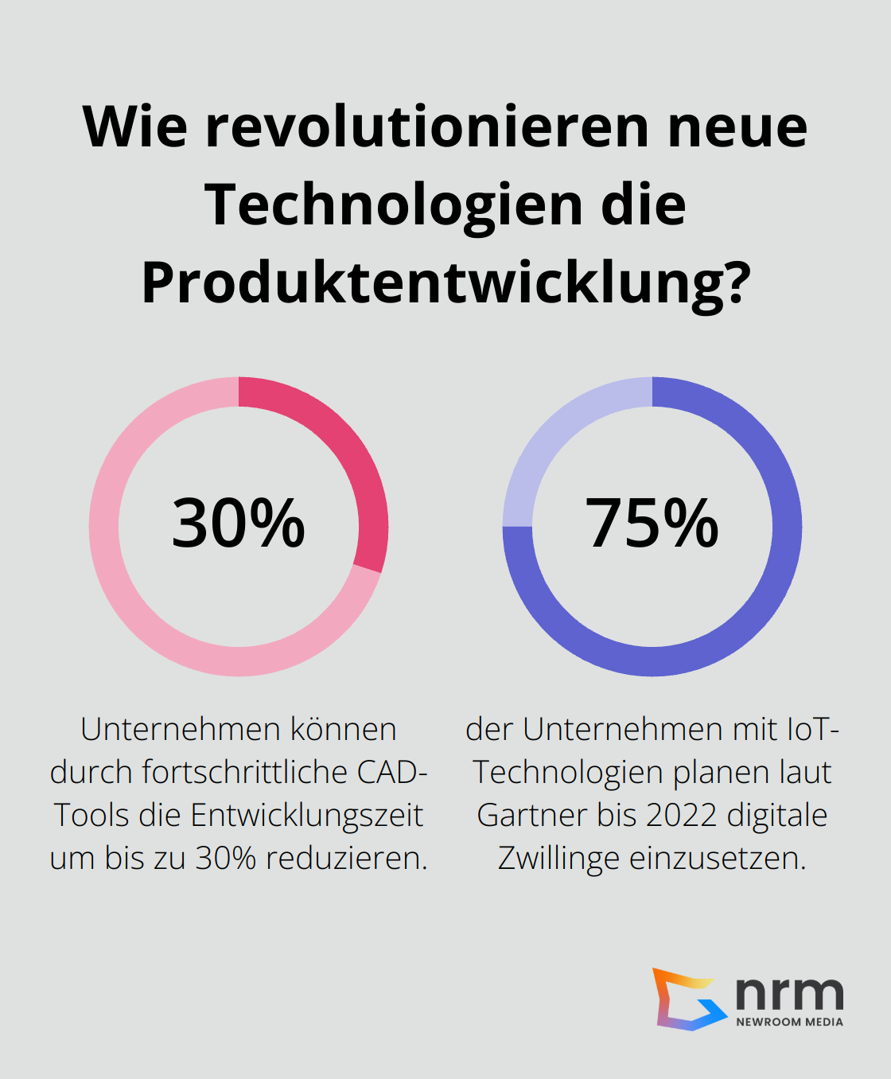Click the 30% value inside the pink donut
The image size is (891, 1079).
(x=239, y=524)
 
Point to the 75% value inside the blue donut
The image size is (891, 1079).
(x=652, y=524)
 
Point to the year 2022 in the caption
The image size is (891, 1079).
(x=680, y=816)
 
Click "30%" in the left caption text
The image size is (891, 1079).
(x=226, y=859)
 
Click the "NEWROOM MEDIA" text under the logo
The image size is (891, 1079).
(x=789, y=1022)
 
